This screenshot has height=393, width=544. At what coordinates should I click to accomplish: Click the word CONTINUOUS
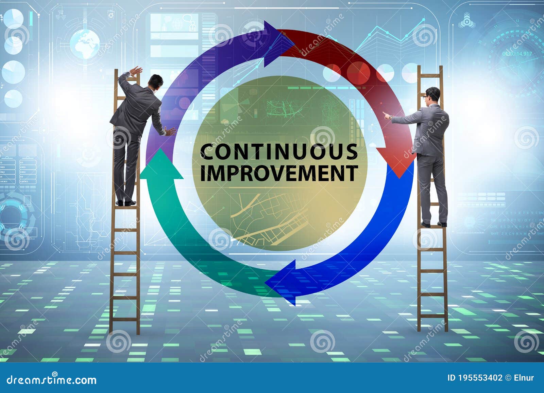pos(279,152)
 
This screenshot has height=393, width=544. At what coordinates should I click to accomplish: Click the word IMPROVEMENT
pos(279,173)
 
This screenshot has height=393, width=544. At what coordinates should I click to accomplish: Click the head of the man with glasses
pos(433,95)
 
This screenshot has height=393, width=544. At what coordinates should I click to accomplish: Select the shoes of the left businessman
pos(125,203)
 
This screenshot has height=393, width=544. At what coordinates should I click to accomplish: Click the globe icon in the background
pos(85,44)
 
